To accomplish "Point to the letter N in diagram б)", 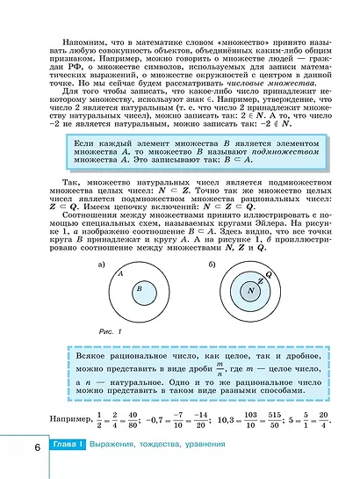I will [251, 289].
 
